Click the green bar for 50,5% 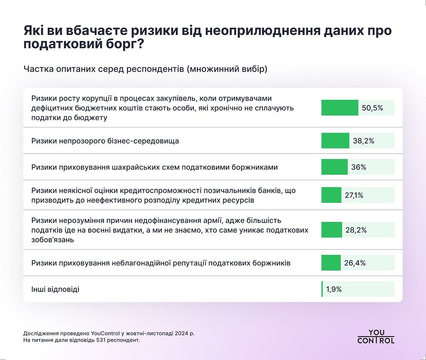pyautogui.click(x=340, y=108)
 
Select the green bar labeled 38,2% pyautogui.click(x=335, y=141)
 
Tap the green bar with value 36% pyautogui.click(x=334, y=167)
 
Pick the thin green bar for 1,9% pyautogui.click(x=322, y=289)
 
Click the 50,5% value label pyautogui.click(x=372, y=108)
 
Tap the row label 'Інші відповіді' pyautogui.click(x=55, y=289)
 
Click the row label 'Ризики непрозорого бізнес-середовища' pyautogui.click(x=105, y=141)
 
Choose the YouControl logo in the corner pyautogui.click(x=376, y=337)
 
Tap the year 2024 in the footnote pyautogui.click(x=178, y=333)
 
